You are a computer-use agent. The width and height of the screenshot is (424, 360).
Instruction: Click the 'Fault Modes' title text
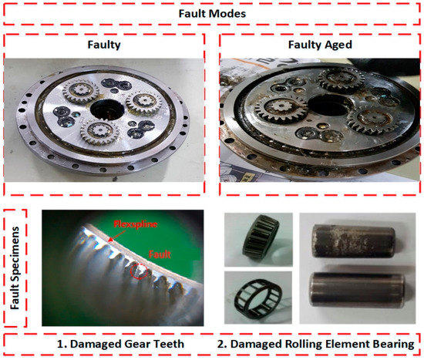(x=212, y=13)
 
